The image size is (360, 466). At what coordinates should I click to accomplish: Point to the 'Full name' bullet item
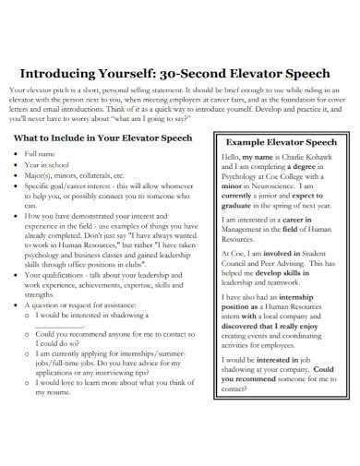click(41, 153)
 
